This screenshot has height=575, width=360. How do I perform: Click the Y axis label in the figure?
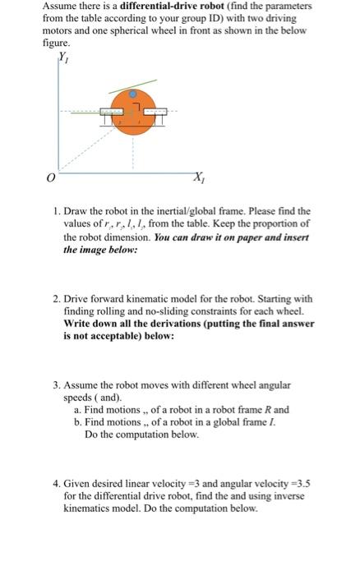point(63,57)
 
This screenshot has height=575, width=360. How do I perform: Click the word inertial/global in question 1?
point(195,213)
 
